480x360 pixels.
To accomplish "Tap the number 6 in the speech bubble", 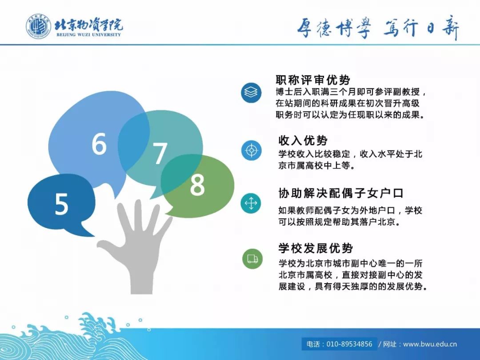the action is [99, 144].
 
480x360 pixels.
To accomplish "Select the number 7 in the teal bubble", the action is [160, 154].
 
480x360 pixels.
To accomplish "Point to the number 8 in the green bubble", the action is [197, 185].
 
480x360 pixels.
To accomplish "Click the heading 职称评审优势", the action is [313, 80].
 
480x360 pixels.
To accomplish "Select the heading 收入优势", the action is [303, 140].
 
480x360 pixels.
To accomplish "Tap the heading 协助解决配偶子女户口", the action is [341, 193].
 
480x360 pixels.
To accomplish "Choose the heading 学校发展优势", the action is [316, 248].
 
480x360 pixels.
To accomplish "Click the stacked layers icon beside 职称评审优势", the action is [251, 92].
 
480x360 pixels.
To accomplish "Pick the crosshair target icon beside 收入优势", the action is [251, 150].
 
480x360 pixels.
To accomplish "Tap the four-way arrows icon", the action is [251, 203].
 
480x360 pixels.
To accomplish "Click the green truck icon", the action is [252, 259].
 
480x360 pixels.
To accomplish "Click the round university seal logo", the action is [38, 26].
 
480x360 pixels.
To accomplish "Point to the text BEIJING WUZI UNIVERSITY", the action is [89, 35].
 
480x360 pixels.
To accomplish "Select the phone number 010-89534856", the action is [349, 344].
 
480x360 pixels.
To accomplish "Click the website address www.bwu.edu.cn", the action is [430, 344].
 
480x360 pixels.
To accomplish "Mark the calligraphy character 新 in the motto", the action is [450, 28].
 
